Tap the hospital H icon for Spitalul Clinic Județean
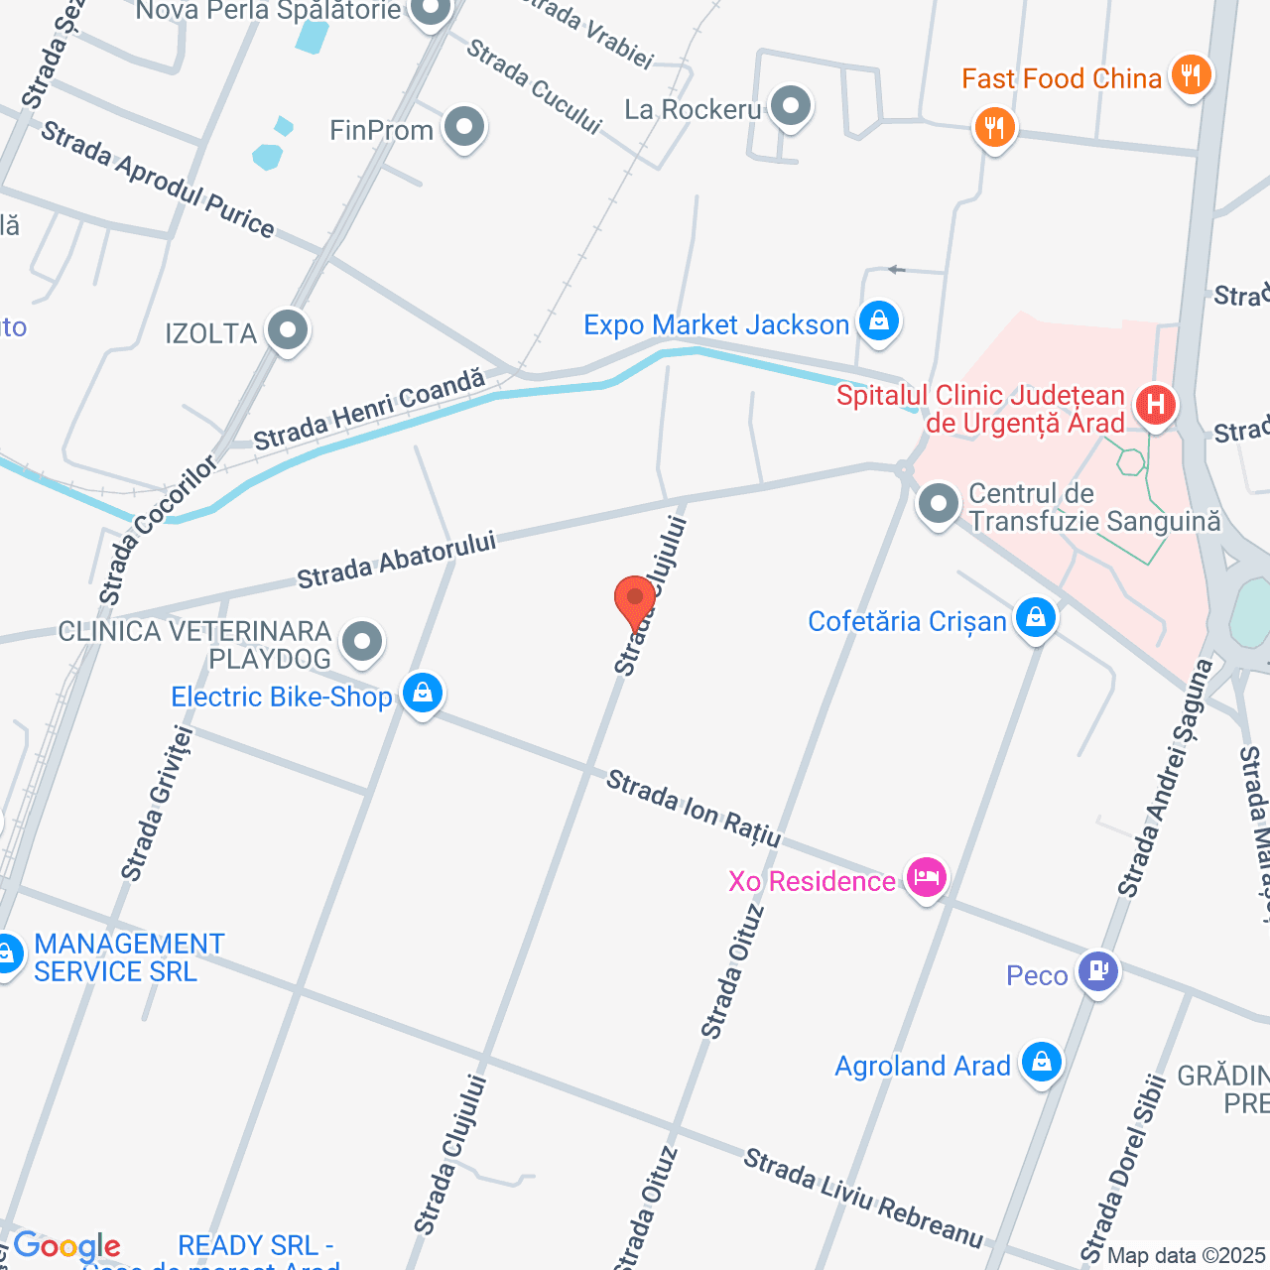point(1155,405)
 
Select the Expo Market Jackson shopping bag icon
point(878,321)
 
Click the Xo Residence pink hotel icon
point(926,878)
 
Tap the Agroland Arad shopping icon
point(1041,1063)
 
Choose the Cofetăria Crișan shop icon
point(1035,617)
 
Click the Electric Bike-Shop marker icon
point(423,693)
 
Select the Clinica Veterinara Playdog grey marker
point(362,641)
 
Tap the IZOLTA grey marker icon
point(288,330)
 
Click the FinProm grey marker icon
point(463,127)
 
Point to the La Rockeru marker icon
point(791,106)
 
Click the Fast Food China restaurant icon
point(1191,75)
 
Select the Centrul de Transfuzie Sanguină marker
point(938,504)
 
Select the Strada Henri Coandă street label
point(369,410)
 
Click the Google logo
point(66,1246)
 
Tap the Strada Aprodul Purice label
point(158,180)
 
